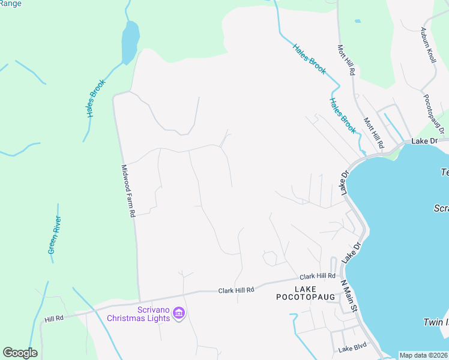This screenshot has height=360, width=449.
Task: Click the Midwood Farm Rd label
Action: [128, 191]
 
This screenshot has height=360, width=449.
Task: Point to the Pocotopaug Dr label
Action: [433, 113]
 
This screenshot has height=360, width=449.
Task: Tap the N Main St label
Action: [349, 295]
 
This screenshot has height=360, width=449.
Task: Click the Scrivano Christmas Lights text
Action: [138, 313]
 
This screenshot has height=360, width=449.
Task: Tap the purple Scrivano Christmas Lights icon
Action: [178, 313]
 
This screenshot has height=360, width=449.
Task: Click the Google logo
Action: [20, 353]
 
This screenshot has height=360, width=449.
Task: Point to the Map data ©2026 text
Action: [423, 355]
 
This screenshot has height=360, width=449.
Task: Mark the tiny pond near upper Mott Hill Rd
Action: [358, 21]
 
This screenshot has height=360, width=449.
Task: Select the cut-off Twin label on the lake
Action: [436, 322]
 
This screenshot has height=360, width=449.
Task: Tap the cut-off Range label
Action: [11, 4]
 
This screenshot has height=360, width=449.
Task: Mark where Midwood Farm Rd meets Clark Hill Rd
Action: [140, 300]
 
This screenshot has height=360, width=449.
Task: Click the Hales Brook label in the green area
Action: [95, 98]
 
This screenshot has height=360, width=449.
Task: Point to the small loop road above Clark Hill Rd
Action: [270, 259]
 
